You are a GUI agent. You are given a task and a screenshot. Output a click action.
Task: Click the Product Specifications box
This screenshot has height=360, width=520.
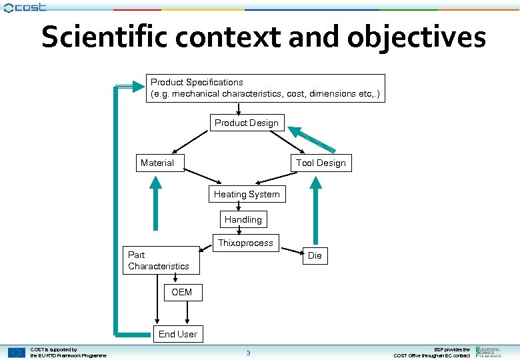pyautogui.click(x=265, y=88)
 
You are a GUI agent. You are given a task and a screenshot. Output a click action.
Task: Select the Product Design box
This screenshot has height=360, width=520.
pyautogui.click(x=247, y=123)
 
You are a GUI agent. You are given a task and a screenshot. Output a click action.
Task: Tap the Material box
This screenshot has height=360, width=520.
pyautogui.click(x=157, y=163)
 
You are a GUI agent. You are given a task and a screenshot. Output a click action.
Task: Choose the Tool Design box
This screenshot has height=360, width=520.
pyautogui.click(x=321, y=163)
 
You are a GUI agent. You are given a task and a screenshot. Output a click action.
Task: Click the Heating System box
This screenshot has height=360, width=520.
pyautogui.click(x=247, y=194)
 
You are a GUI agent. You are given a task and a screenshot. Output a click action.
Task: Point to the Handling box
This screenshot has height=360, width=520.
pyautogui.click(x=243, y=219)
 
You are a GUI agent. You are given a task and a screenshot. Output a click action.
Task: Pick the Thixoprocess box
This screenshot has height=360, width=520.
pyautogui.click(x=245, y=243)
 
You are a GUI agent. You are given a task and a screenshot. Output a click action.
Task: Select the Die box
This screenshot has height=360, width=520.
pyautogui.click(x=315, y=255)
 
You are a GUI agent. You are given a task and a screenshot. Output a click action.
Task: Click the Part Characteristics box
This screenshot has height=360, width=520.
pyautogui.click(x=161, y=261)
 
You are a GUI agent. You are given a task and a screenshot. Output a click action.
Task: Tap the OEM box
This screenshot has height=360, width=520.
pyautogui.click(x=181, y=293)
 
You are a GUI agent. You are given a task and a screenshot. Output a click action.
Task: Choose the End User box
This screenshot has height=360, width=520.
pyautogui.click(x=177, y=334)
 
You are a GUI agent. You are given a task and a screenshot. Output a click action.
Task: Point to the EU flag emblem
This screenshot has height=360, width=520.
pyautogui.click(x=17, y=353)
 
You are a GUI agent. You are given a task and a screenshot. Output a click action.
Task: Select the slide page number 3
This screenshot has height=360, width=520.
pyautogui.click(x=248, y=353)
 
